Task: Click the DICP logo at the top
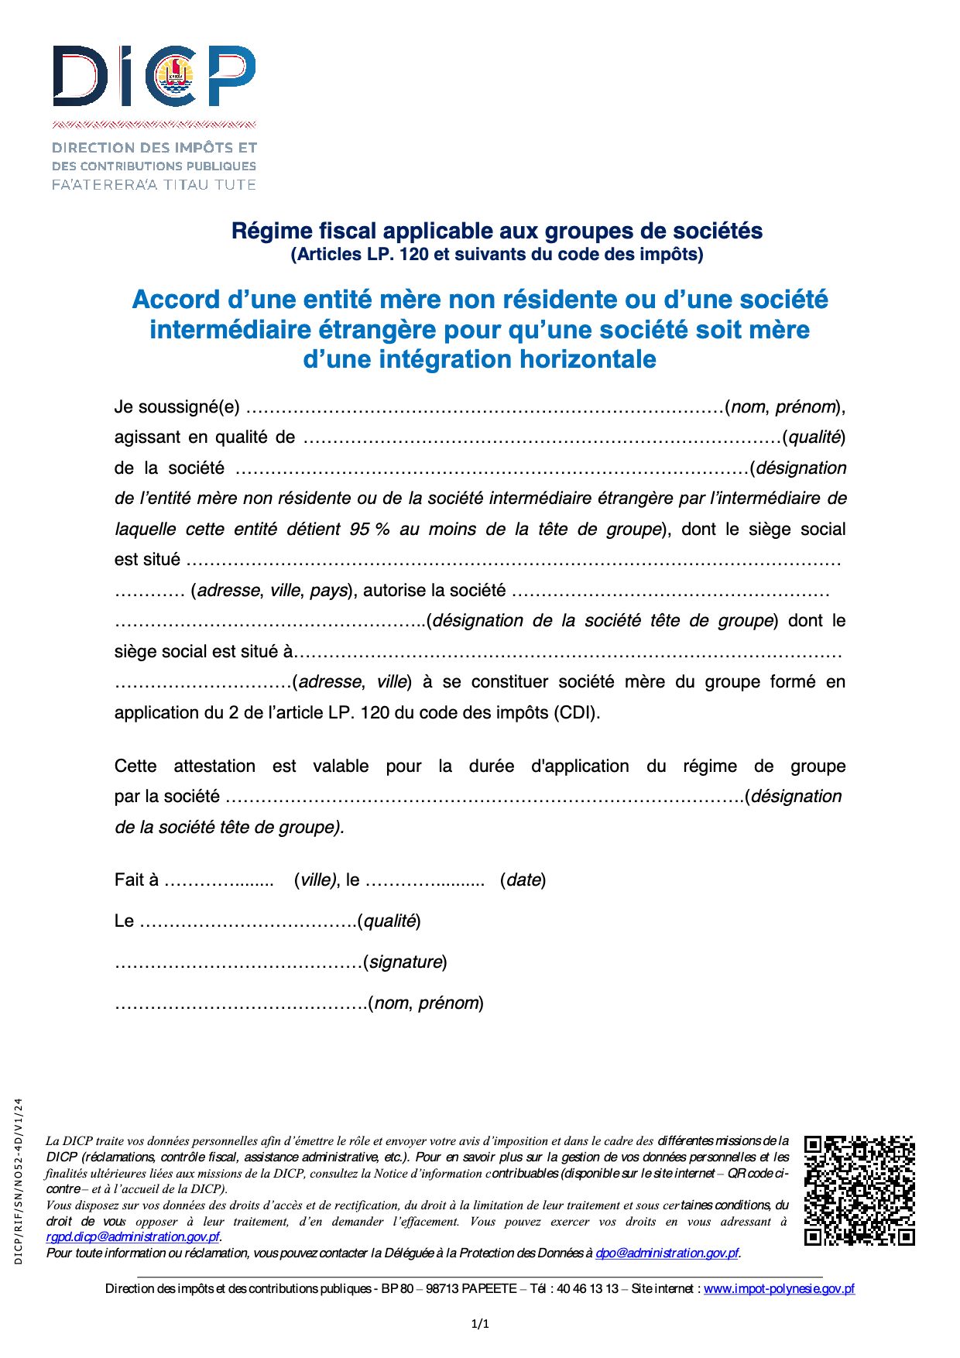pyautogui.click(x=153, y=76)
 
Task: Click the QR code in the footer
pyautogui.click(x=859, y=1190)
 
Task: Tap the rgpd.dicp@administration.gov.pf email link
pyautogui.click(x=132, y=1237)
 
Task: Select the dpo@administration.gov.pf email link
pyautogui.click(x=667, y=1253)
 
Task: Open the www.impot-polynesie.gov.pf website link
pyautogui.click(x=779, y=1289)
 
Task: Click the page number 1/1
pyautogui.click(x=480, y=1324)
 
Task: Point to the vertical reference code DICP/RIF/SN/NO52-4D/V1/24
pyautogui.click(x=19, y=1181)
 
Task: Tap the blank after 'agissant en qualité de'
pyautogui.click(x=542, y=438)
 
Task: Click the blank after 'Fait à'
pyautogui.click(x=219, y=881)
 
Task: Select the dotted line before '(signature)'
pyautogui.click(x=238, y=963)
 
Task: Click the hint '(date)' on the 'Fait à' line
pyautogui.click(x=523, y=880)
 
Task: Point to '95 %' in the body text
pyautogui.click(x=369, y=530)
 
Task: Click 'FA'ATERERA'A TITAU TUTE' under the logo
pyautogui.click(x=153, y=185)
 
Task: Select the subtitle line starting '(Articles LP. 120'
pyautogui.click(x=497, y=255)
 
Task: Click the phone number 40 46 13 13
pyautogui.click(x=587, y=1289)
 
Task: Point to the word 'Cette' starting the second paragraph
pyautogui.click(x=135, y=766)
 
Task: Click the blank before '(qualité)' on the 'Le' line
pyautogui.click(x=248, y=922)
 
